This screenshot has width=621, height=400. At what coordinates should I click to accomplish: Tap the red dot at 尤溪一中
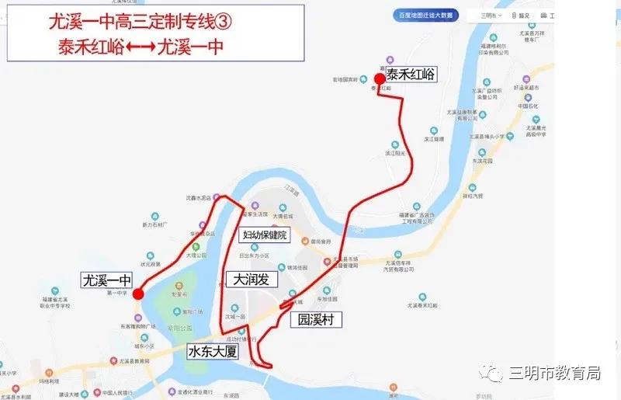click(137, 294)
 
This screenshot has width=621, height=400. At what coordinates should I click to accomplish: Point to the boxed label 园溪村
click(315, 319)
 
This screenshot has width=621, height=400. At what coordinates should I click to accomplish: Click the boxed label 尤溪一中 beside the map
click(109, 279)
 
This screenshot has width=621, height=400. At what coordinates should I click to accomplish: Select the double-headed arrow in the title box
click(140, 47)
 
